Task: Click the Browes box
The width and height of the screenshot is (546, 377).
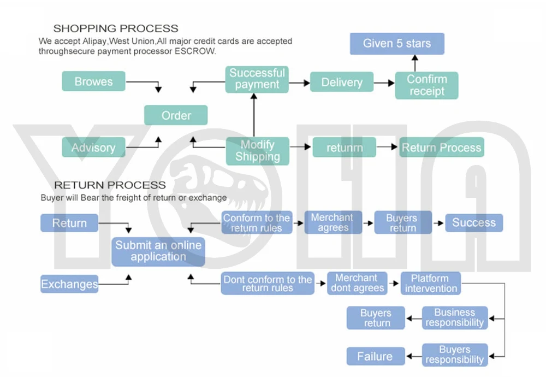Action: (x=93, y=81)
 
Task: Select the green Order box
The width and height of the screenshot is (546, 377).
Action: (x=176, y=115)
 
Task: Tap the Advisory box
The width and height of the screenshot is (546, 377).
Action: (x=93, y=148)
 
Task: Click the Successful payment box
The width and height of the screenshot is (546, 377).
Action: (x=257, y=79)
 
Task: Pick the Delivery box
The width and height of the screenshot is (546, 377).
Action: (x=342, y=82)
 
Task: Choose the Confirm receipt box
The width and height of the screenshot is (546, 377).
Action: (x=426, y=85)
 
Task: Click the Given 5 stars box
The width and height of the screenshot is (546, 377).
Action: (x=397, y=44)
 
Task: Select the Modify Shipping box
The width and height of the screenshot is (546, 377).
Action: (x=257, y=151)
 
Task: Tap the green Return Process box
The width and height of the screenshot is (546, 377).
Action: (x=442, y=148)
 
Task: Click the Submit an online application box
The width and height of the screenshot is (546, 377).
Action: (x=158, y=251)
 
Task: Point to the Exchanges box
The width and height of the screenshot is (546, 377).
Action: (x=69, y=284)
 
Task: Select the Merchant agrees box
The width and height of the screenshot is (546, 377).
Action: (x=333, y=222)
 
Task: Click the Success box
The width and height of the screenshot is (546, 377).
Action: (x=474, y=222)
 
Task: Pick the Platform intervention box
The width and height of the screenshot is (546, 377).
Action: (x=431, y=283)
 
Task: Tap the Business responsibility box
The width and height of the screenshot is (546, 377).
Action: (x=455, y=318)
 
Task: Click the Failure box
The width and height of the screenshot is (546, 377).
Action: (x=376, y=356)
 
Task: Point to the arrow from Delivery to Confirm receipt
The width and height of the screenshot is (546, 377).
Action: (x=384, y=83)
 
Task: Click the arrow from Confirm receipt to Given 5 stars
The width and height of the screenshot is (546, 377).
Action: (x=415, y=63)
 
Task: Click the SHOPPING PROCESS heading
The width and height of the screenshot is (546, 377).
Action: (x=116, y=28)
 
